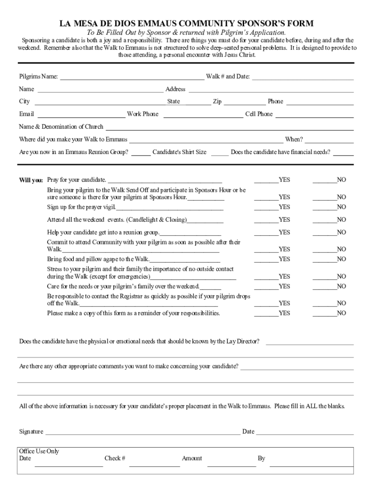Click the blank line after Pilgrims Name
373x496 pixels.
131,77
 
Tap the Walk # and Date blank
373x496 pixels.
303,77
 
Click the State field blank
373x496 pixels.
197,103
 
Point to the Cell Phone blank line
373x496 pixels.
314,116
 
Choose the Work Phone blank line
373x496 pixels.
203,116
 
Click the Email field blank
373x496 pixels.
81,116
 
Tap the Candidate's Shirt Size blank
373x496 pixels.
219,154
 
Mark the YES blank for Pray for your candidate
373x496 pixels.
266,181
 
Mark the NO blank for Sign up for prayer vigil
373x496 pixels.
325,208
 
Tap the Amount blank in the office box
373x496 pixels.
232,465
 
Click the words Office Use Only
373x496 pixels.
39,451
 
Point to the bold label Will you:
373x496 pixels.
31,180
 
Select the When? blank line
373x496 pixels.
329,141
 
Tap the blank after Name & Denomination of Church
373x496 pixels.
229,128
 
